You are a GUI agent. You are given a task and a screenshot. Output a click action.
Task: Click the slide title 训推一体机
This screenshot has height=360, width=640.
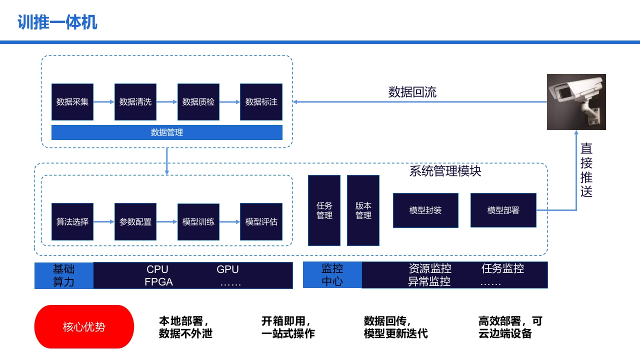tap(57, 22)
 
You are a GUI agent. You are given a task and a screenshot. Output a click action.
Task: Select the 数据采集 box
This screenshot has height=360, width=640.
tap(72, 101)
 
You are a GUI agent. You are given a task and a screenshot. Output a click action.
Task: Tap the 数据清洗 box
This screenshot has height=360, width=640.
tap(135, 101)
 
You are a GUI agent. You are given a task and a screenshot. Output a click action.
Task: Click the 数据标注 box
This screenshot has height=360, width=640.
tap(261, 101)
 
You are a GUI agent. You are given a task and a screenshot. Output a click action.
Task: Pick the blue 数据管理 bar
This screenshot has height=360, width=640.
tap(167, 132)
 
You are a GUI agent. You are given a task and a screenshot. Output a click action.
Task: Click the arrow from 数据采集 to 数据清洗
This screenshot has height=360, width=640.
tap(104, 101)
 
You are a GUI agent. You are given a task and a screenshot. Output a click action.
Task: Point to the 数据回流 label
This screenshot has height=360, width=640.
tap(412, 92)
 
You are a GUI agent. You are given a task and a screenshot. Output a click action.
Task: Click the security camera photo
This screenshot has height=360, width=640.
tap(576, 102)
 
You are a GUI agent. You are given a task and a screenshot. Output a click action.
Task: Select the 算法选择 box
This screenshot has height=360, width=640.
tap(72, 221)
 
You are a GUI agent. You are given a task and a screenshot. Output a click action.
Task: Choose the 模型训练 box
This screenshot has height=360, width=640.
tap(198, 221)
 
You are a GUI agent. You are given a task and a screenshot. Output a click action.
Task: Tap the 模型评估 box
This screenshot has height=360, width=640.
tap(261, 221)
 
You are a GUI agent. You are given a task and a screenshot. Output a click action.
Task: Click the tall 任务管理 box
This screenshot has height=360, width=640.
tap(324, 210)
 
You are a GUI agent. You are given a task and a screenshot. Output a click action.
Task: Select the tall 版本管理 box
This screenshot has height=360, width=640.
tap(363, 210)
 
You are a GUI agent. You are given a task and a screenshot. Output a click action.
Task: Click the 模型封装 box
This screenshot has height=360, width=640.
tap(425, 210)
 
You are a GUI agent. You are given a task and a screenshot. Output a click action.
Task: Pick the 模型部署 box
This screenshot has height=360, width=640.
tap(503, 210)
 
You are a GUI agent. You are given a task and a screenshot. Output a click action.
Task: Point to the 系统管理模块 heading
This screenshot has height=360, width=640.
tap(445, 171)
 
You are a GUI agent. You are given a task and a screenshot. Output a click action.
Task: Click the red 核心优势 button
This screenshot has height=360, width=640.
tap(84, 326)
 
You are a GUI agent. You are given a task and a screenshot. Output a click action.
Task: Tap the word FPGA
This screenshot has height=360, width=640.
tap(158, 282)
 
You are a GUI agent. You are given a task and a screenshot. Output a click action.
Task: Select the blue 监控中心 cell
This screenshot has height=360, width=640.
tap(332, 275)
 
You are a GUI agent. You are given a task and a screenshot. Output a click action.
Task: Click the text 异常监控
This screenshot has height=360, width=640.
tap(429, 281)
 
